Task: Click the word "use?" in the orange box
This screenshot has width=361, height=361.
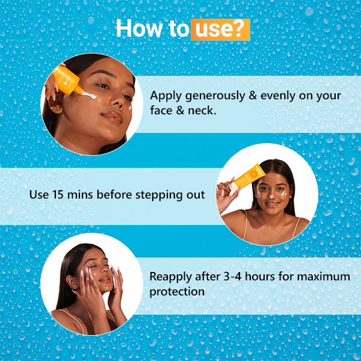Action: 220,29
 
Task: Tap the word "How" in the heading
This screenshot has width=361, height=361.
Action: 140,28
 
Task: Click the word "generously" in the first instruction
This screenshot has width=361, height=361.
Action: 215,96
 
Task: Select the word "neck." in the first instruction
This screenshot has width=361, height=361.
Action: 202,111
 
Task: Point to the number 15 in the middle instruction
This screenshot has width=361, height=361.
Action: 58,194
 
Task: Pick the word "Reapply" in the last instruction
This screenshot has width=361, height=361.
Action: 170,277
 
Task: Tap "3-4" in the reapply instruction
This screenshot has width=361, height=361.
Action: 232,276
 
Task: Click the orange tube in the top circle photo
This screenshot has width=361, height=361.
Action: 67,80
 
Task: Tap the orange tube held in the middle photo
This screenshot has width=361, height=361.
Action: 248,177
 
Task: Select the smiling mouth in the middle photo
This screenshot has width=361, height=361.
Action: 272,204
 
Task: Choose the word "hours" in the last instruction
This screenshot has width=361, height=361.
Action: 259,276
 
